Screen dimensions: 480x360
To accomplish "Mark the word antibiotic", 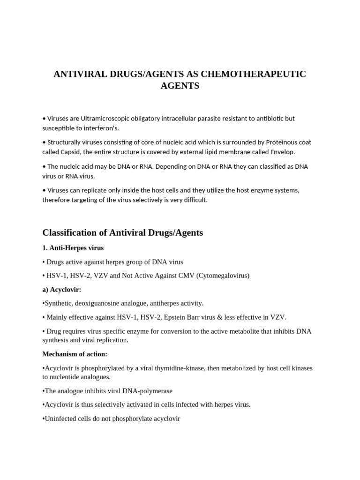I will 270,119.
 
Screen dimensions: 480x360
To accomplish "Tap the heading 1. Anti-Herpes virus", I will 73,248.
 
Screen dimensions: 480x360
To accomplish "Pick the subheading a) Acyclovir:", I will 62,290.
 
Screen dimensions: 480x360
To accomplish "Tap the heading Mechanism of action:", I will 75,354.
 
